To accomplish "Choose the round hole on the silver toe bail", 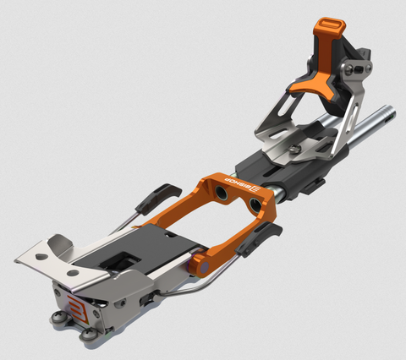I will (74, 273).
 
